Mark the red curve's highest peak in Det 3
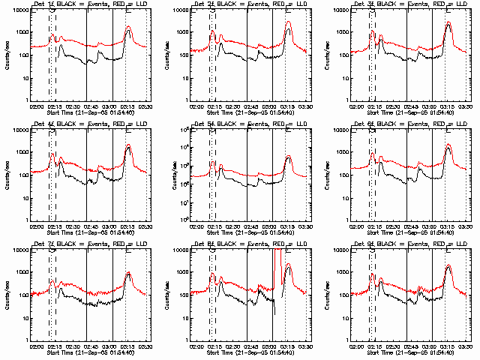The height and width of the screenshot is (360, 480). pyautogui.click(x=448, y=22)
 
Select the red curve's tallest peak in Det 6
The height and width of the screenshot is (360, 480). pyautogui.click(x=448, y=145)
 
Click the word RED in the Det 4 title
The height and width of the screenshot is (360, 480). pyautogui.click(x=116, y=124)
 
